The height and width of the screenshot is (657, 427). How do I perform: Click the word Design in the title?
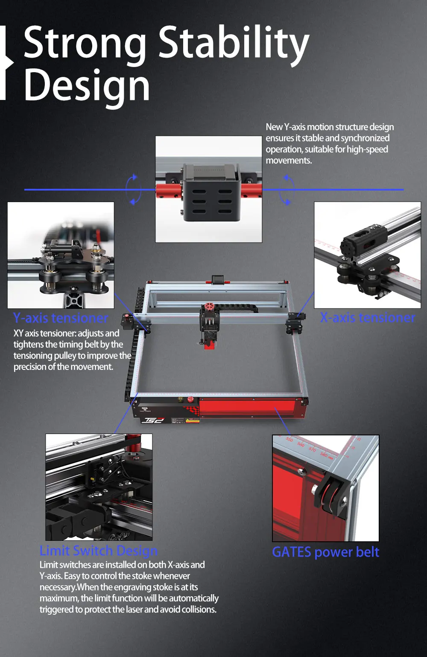coord(87,85)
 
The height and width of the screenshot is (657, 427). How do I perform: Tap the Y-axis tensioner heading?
coord(61,318)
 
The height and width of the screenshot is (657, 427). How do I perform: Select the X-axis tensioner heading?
coord(368,317)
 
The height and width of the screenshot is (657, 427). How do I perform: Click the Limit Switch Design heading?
coord(99,550)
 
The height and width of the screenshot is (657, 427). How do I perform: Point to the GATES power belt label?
coord(325,552)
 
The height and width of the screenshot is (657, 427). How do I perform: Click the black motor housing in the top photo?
coord(209,194)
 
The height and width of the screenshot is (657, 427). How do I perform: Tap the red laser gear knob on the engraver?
coord(209,307)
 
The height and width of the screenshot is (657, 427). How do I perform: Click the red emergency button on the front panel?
coord(190,400)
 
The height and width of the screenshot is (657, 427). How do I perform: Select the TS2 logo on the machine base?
coord(153,420)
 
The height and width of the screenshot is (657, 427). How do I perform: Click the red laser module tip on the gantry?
coord(209,344)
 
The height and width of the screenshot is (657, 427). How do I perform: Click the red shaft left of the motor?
coord(168,190)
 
